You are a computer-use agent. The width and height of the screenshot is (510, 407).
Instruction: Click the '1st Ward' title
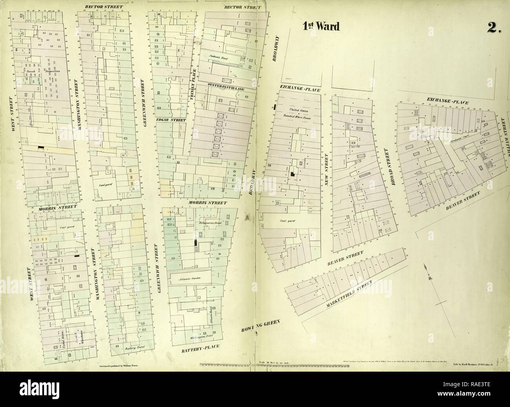tap(321, 26)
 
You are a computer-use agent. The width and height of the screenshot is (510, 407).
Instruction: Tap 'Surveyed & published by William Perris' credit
tap(117, 365)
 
